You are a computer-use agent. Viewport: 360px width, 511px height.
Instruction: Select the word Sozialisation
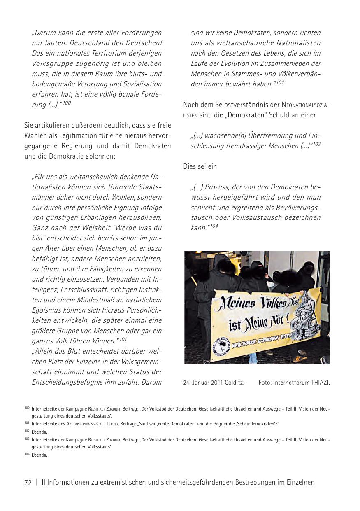[x=139, y=84]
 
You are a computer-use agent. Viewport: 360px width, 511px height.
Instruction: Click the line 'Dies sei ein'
[x=200, y=166]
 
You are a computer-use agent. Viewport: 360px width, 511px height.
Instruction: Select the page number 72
[x=28, y=483]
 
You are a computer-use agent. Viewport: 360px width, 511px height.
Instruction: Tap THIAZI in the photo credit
[x=321, y=383]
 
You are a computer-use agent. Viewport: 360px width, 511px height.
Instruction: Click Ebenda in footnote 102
[x=39, y=432]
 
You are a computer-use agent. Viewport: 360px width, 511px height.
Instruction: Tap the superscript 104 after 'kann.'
[x=214, y=226]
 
